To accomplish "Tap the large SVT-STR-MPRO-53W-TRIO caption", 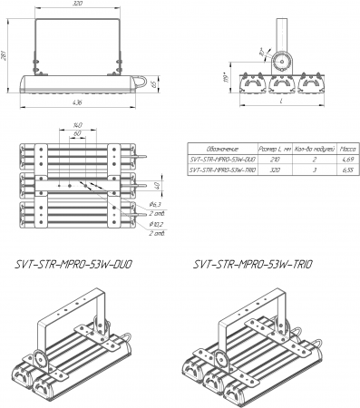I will point(253,265).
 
